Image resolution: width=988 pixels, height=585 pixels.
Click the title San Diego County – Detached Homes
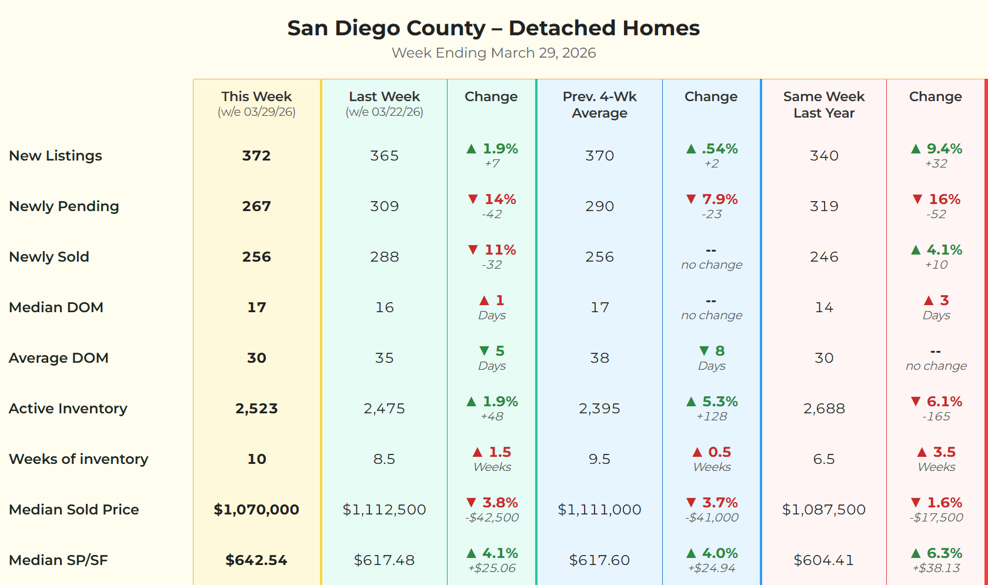[493, 28]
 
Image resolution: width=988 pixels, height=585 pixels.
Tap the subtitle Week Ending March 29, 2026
[493, 53]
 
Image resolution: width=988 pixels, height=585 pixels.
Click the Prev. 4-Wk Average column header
[599, 105]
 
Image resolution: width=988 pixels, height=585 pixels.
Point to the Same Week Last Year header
[823, 105]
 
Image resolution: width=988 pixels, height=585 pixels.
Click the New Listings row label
[55, 156]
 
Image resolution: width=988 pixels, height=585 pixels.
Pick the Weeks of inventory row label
[78, 459]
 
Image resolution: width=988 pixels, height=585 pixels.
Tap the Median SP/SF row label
[58, 560]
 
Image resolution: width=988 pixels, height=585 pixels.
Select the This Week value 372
[256, 156]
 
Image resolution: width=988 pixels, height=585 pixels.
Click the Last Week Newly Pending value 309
[384, 206]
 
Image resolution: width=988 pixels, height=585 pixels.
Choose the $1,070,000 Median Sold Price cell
[256, 510]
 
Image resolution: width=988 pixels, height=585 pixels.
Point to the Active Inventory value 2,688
[824, 409]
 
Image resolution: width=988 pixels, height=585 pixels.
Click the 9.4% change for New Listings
[944, 149]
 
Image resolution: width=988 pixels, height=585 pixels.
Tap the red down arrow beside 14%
[473, 199]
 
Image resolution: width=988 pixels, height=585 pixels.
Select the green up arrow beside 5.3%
[691, 402]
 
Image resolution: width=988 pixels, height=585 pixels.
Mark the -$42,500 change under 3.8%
[492, 518]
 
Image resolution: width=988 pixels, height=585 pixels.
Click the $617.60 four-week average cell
[599, 560]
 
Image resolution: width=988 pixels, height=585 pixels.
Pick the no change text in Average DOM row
[936, 366]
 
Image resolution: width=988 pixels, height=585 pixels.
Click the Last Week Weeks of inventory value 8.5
[384, 459]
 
